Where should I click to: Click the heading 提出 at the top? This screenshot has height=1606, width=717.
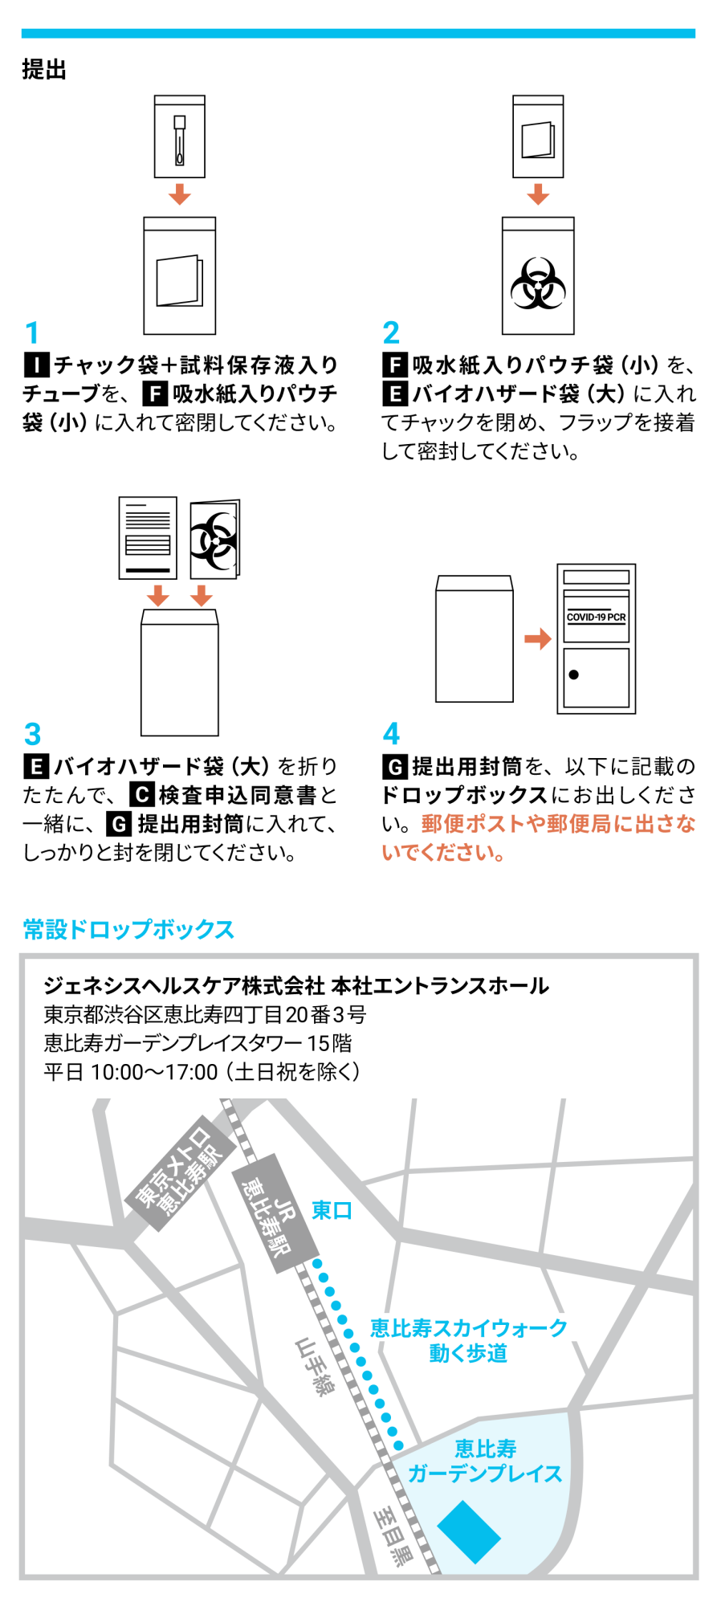(44, 70)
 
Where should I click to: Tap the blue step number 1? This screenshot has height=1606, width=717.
(32, 332)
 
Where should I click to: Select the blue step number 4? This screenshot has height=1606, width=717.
(391, 733)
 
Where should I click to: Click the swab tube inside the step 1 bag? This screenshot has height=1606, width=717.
(180, 141)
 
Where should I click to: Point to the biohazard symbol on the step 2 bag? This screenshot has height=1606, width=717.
(538, 283)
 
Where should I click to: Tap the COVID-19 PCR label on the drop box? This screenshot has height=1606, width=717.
(596, 617)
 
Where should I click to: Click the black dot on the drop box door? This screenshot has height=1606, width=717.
(573, 675)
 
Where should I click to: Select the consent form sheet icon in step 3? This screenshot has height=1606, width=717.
(148, 537)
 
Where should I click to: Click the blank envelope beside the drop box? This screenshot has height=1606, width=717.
(474, 639)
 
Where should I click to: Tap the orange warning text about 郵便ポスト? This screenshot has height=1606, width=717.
(538, 838)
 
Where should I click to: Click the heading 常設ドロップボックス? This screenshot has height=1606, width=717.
(128, 929)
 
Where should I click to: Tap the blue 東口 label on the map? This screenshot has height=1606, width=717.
(332, 1210)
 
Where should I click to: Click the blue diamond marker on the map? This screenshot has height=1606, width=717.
(469, 1532)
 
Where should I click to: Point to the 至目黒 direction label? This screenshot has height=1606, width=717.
(393, 1535)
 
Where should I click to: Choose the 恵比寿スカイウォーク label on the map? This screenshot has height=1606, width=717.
(468, 1328)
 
